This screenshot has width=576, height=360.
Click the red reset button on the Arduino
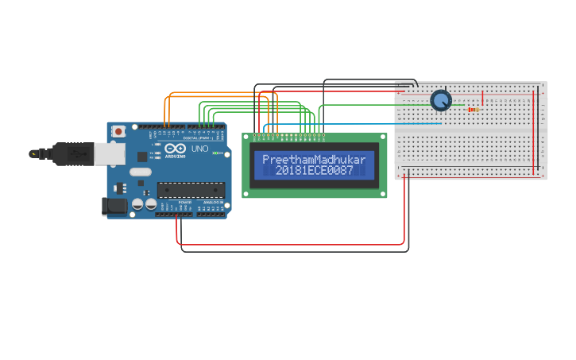click(118, 131)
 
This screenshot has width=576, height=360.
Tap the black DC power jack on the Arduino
click(114, 207)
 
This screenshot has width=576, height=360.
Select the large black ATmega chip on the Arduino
click(190, 189)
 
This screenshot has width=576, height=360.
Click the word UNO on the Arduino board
click(199, 149)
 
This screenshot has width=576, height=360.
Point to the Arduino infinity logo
click(176, 149)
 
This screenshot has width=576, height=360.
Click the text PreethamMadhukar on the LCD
click(314, 160)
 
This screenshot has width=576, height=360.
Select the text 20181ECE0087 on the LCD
click(314, 171)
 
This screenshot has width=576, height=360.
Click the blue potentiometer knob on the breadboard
click(441, 100)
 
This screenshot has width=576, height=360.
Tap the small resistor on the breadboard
click(474, 110)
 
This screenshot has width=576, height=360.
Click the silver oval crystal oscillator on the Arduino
click(140, 172)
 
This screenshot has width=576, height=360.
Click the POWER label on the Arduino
click(184, 203)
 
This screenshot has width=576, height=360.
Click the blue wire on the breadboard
click(413, 124)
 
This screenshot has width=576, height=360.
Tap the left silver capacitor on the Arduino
click(137, 204)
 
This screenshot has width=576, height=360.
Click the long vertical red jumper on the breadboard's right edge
click(534, 131)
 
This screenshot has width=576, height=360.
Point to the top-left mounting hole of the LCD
click(247, 137)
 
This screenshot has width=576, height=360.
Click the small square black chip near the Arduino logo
click(122, 188)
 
